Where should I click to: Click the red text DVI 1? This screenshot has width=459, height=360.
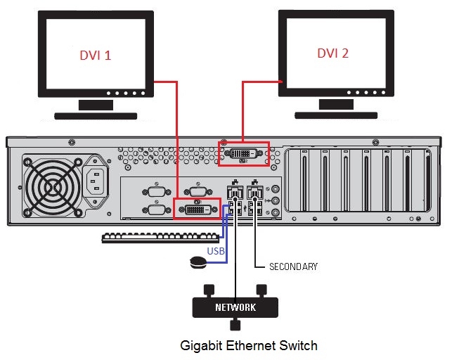point(93,54)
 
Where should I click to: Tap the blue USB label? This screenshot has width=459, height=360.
point(216,251)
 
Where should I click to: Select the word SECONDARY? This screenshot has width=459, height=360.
point(293,266)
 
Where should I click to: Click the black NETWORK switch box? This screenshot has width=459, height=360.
point(235,307)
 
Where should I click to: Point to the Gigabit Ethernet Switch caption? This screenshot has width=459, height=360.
point(249,345)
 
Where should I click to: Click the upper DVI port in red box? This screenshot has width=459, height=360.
point(243,154)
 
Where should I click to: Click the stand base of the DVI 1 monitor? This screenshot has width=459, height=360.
point(96,115)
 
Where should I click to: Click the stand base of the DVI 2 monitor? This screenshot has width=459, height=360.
point(336,114)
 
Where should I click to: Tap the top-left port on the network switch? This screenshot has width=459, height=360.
point(209,288)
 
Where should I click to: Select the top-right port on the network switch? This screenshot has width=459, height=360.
point(261,288)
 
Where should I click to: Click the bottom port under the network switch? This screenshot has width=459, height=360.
point(235,325)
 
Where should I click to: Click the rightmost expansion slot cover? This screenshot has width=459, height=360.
point(426,183)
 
